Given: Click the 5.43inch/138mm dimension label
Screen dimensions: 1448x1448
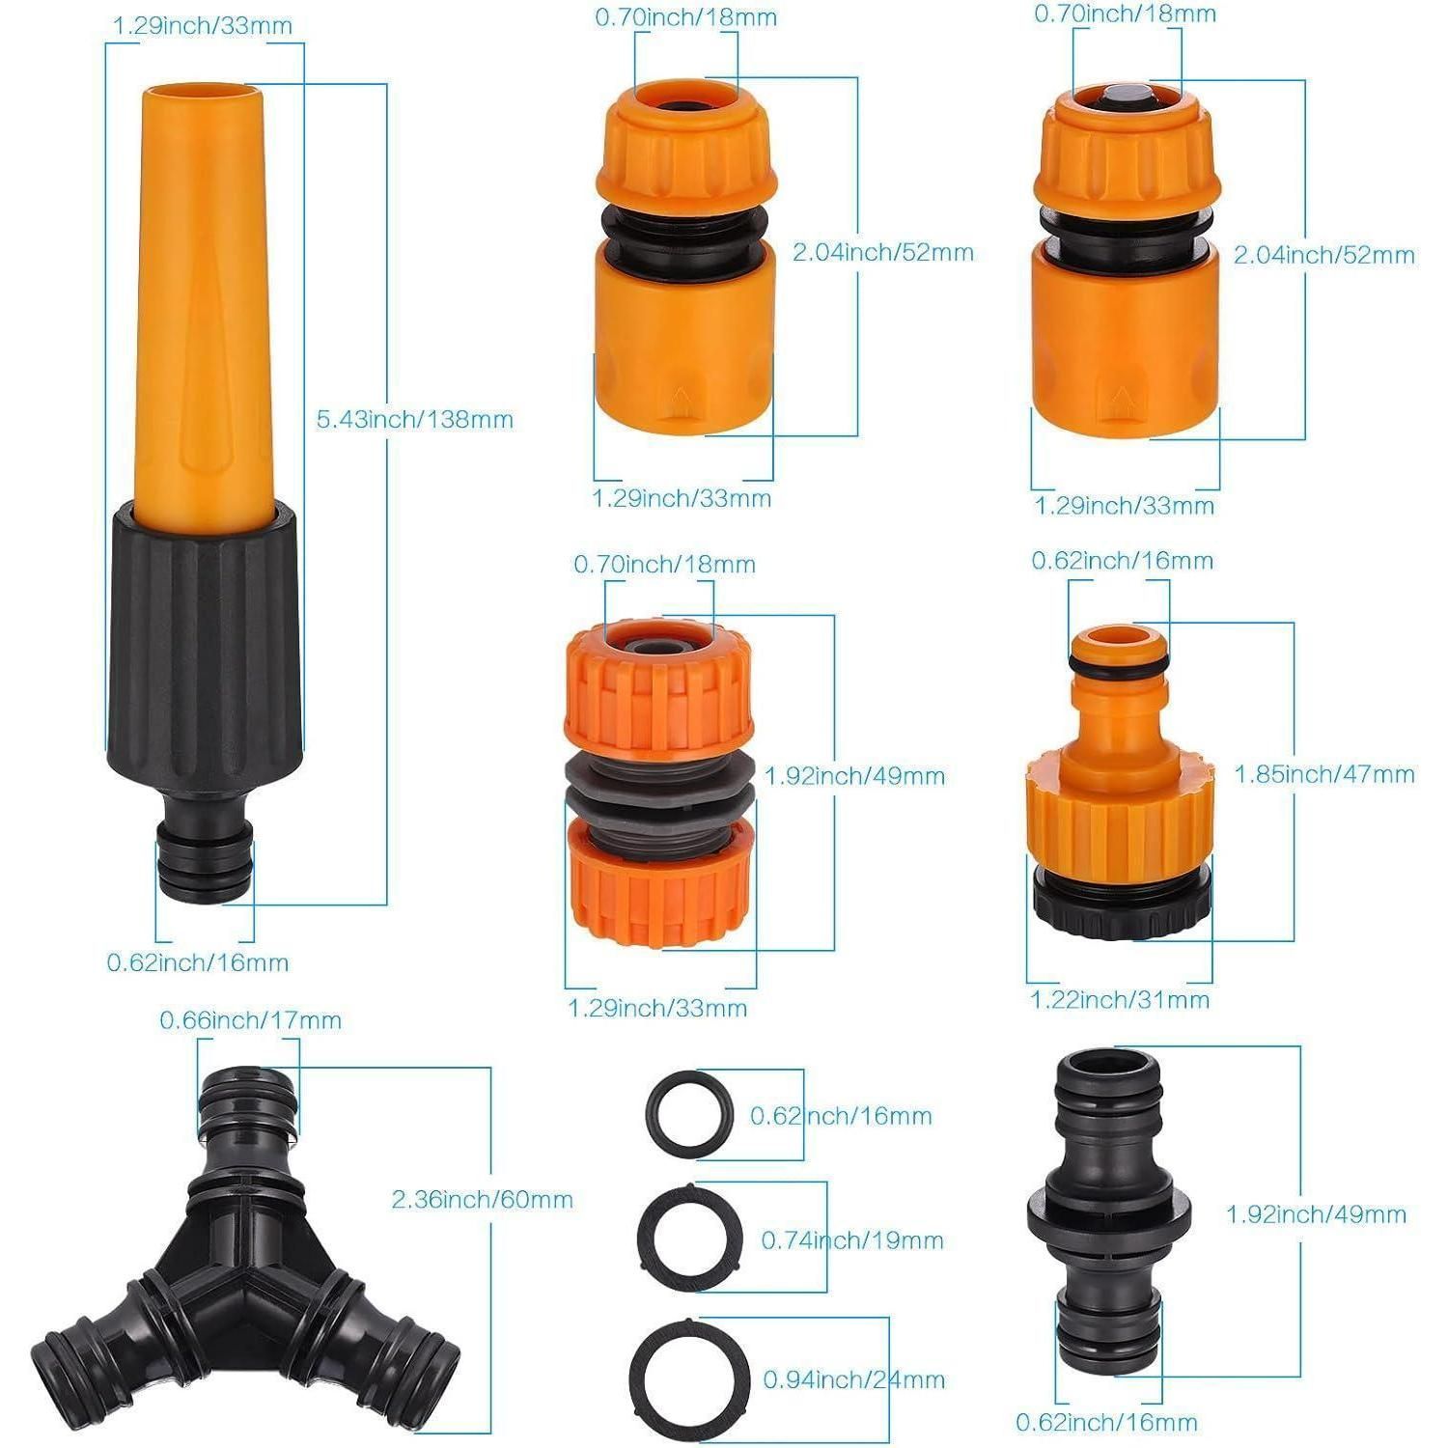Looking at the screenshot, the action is pyautogui.click(x=415, y=420).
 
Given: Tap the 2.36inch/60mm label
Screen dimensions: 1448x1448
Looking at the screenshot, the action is pyautogui.click(x=482, y=1200).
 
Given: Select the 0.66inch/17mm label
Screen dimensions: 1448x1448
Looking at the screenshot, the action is pyautogui.click(x=251, y=1020).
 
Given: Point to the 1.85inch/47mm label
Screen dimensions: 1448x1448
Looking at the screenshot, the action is pyautogui.click(x=1324, y=774).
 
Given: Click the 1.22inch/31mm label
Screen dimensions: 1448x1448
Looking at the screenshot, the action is pyautogui.click(x=1120, y=1000).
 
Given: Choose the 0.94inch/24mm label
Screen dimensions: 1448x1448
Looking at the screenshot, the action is pyautogui.click(x=854, y=1380).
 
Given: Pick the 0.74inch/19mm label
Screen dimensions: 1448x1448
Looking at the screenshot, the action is pyautogui.click(x=852, y=1240).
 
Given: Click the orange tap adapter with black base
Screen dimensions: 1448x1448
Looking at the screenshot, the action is pyautogui.click(x=1120, y=782).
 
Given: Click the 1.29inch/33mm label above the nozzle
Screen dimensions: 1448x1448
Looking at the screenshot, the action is pyautogui.click(x=203, y=26).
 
